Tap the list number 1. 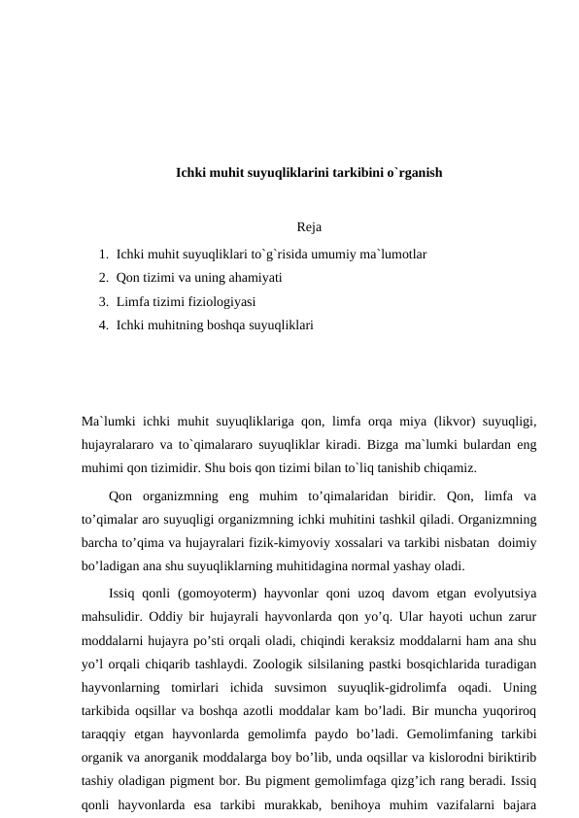tap(102, 254)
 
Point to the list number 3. tap(102, 302)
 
